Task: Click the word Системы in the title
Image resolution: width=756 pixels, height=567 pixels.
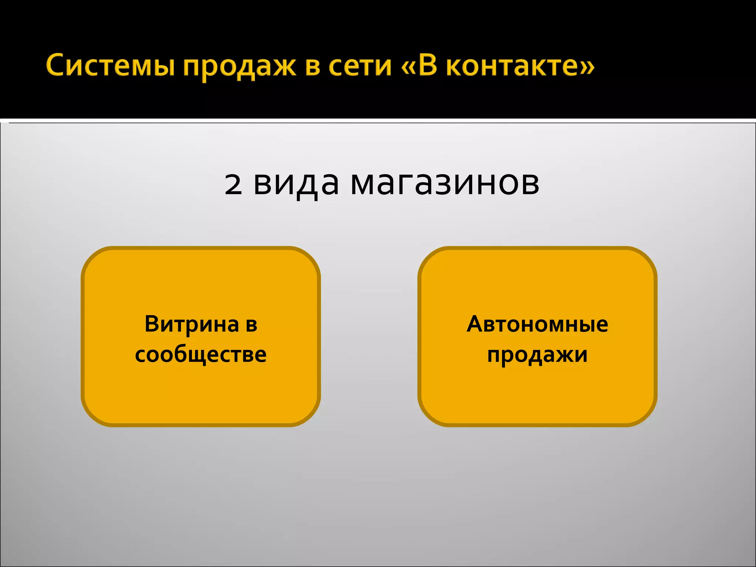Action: (x=110, y=66)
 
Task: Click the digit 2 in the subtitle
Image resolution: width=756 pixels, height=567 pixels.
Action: (x=233, y=184)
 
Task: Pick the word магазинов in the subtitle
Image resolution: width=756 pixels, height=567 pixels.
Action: (x=445, y=183)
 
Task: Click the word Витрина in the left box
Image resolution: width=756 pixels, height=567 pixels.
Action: (x=192, y=324)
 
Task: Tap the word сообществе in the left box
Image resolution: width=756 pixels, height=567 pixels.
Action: (x=201, y=354)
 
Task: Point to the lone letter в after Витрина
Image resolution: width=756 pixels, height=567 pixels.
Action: (x=251, y=325)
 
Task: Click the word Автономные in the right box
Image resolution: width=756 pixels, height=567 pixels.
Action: (x=537, y=324)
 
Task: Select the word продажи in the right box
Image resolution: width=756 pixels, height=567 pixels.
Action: (x=537, y=355)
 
